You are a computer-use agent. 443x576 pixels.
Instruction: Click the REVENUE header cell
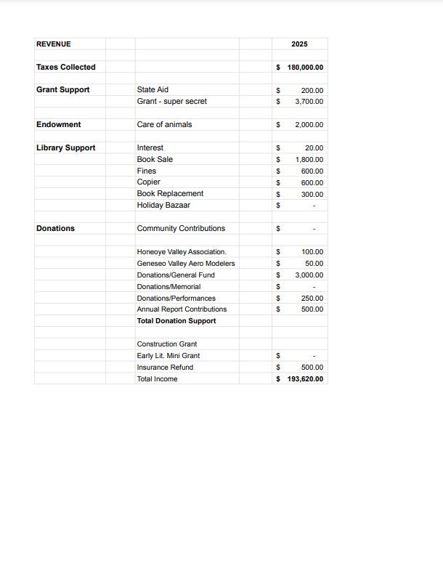[x=54, y=44]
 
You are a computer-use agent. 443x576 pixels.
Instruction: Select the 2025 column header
[x=299, y=44]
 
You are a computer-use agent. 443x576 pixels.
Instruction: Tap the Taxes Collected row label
[x=66, y=68]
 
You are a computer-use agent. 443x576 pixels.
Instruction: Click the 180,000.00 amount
[x=305, y=68]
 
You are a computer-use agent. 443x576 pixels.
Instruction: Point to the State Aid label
[x=153, y=90]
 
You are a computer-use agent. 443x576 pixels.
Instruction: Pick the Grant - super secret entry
[x=171, y=102]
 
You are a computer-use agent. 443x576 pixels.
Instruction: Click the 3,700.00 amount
[x=309, y=102]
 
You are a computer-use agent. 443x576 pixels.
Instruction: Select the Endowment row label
[x=59, y=125]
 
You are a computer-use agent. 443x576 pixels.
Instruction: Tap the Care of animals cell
[x=164, y=125]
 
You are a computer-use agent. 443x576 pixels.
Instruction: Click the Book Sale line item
[x=155, y=159]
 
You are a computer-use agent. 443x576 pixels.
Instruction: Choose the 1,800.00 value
[x=309, y=159]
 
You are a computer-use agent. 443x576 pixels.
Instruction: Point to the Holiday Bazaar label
[x=163, y=206]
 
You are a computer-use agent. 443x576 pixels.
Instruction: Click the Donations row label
[x=56, y=229]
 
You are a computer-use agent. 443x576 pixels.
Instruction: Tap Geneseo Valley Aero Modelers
[x=186, y=264]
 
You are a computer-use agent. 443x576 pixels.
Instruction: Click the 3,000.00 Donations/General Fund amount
[x=309, y=275]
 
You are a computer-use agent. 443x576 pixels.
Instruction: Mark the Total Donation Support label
[x=176, y=321]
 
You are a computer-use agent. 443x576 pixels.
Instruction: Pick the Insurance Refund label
[x=165, y=368]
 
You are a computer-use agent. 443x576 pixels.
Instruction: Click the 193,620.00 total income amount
[x=306, y=379]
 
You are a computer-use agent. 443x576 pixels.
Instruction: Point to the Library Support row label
[x=66, y=148]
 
